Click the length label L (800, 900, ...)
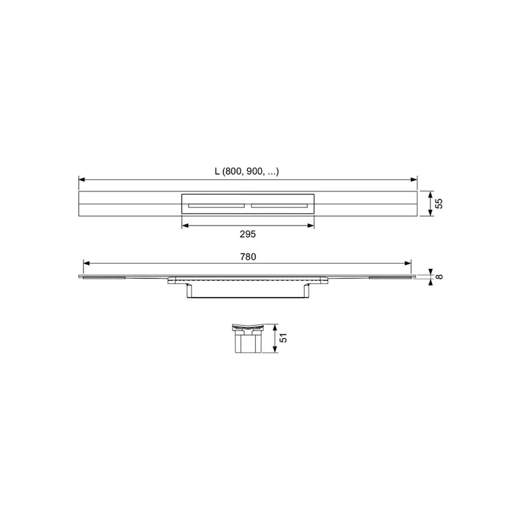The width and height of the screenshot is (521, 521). tap(247, 171)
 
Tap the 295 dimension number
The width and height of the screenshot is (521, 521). tap(247, 234)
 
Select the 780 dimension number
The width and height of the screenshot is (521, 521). tap(247, 257)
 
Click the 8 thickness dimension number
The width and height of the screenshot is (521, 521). tap(439, 277)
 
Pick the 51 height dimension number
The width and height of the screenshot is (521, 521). tap(283, 339)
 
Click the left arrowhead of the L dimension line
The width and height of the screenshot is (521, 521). tap(81, 179)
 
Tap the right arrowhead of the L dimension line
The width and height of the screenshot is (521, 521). tap(414, 179)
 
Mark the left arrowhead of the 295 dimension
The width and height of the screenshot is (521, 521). tap(185, 225)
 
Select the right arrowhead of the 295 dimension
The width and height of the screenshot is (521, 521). tap(311, 225)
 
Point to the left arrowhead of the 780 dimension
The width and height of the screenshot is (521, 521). tap(86, 264)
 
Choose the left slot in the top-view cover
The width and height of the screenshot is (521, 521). tap(216, 206)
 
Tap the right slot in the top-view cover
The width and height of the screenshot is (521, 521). tap(279, 206)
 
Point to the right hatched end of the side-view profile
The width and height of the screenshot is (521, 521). tap(391, 277)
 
